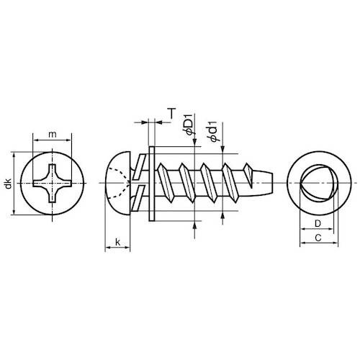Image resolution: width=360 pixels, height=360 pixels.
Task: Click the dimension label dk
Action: pyautogui.click(x=8, y=184)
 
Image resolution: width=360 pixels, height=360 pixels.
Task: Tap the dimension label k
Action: pyautogui.click(x=117, y=243)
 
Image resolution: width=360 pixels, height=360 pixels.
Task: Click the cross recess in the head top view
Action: pyautogui.click(x=52, y=184)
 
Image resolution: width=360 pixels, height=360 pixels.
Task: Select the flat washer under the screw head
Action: pyautogui.click(x=152, y=184)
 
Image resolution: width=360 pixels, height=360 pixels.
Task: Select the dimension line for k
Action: pyautogui.click(x=117, y=250)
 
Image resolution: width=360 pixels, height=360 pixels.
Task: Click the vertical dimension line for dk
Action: pyautogui.click(x=15, y=184)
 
